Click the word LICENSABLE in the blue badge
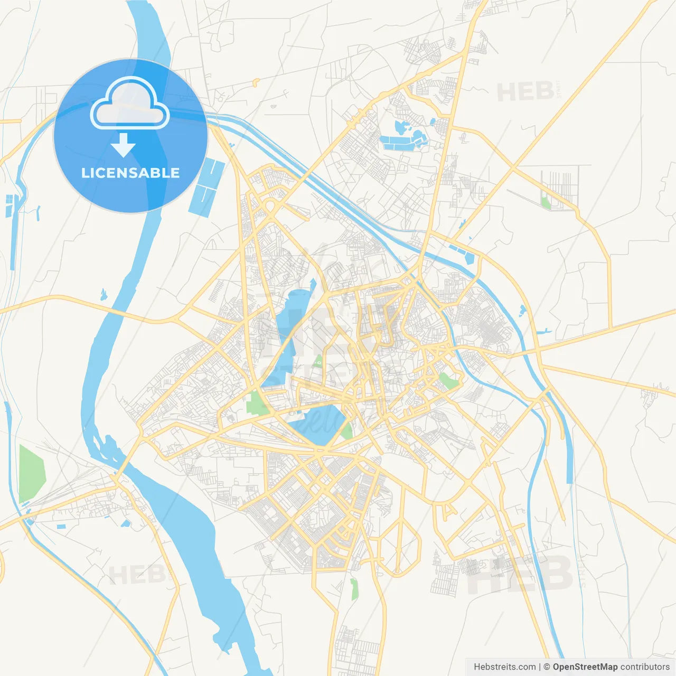click(130, 173)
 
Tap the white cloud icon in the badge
click(130, 103)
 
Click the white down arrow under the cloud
click(123, 145)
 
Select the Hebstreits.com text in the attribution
click(504, 667)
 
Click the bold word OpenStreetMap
click(585, 667)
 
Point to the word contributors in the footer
click(645, 667)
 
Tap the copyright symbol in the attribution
click(547, 667)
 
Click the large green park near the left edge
click(31, 473)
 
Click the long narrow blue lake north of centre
click(288, 333)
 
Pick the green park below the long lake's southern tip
click(258, 402)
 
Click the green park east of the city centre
click(448, 381)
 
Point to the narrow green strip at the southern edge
click(354, 589)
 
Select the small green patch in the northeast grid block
click(546, 202)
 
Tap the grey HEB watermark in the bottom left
click(136, 574)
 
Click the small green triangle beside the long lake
click(318, 362)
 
